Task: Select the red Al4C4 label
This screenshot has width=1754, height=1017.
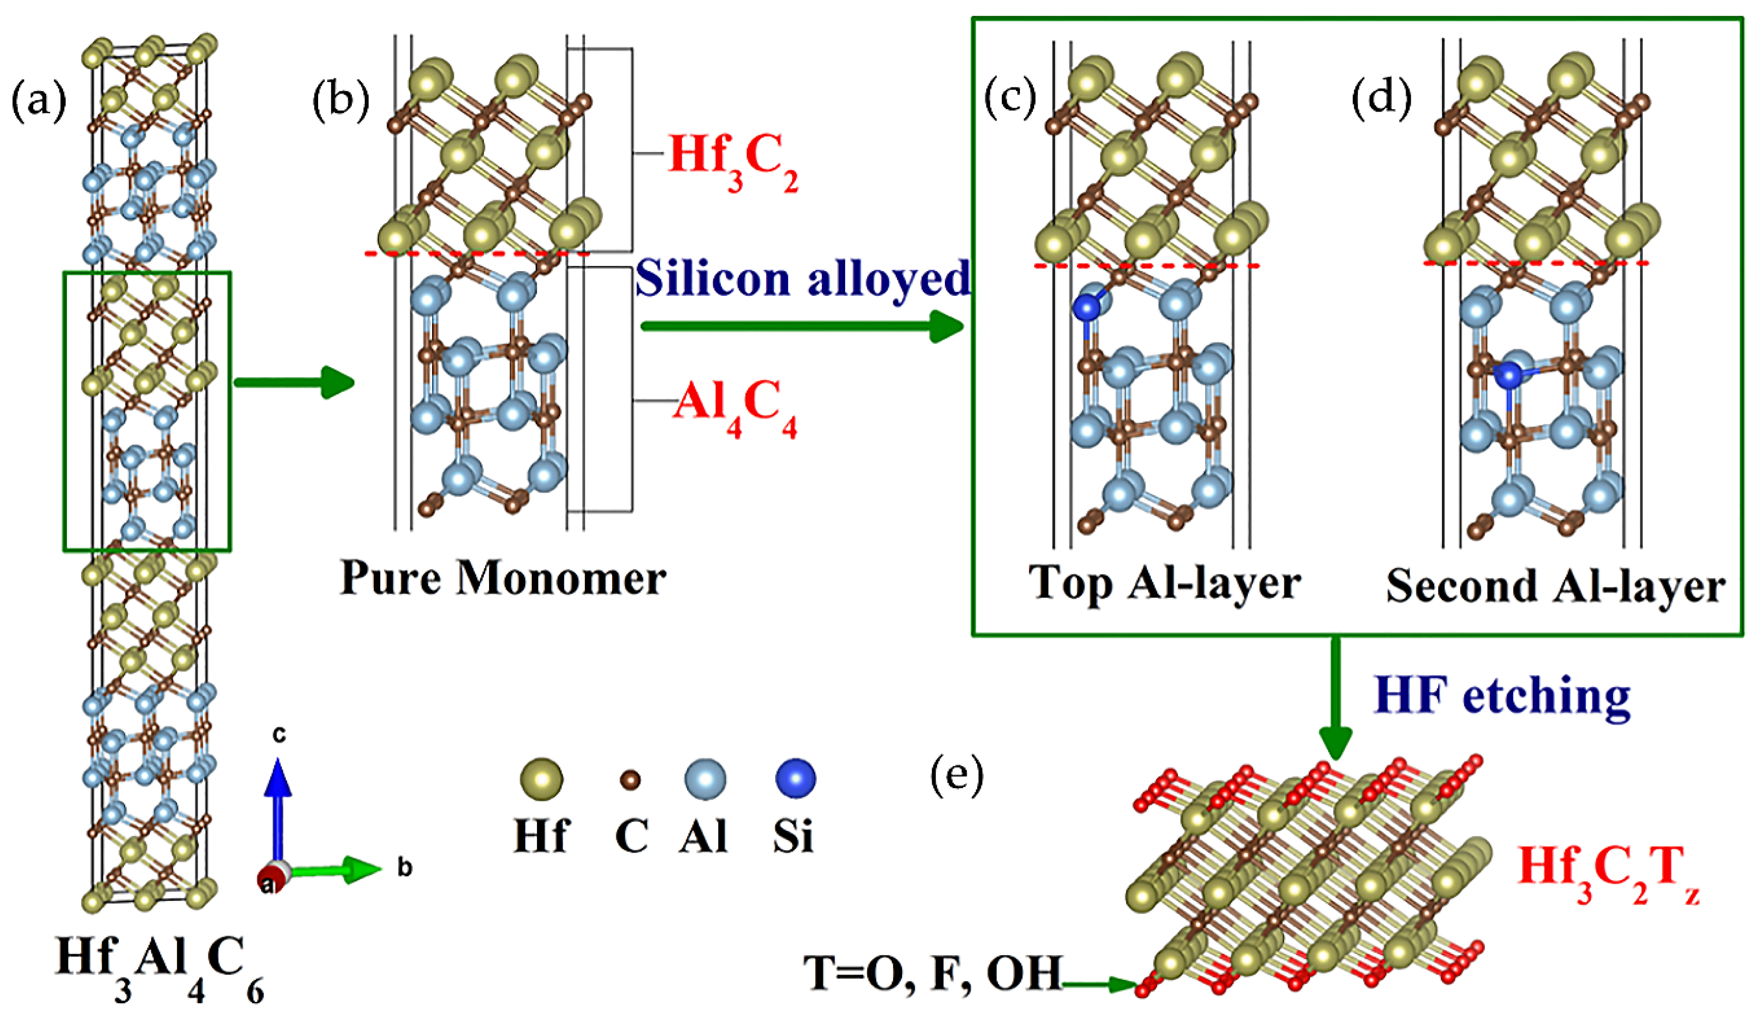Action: tap(734, 407)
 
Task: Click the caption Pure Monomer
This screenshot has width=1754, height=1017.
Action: tap(502, 578)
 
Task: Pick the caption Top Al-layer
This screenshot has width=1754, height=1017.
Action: tap(1164, 584)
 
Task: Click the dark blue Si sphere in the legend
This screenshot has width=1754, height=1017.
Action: tap(795, 778)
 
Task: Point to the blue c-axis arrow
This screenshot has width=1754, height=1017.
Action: tap(278, 808)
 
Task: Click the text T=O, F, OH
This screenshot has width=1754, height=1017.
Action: tap(933, 973)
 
